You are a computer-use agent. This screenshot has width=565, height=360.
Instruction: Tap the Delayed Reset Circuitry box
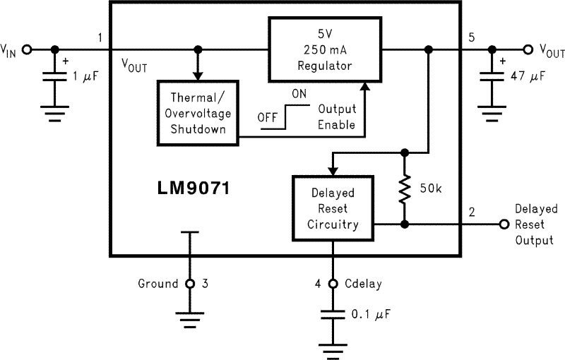pos(333,209)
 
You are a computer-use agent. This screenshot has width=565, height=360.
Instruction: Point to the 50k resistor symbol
pos(404,189)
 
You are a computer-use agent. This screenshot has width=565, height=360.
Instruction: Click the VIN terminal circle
pos(27,49)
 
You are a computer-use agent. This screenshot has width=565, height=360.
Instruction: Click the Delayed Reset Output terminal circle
pos(504,224)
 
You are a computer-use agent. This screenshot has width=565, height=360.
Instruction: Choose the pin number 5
pos(472,37)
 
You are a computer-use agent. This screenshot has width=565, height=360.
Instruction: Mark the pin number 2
pos(472,212)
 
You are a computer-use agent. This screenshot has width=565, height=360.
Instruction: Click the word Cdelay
pos(364,284)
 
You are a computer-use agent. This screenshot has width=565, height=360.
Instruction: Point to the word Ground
pos(157,284)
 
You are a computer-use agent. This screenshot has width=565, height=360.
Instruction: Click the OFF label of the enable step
pos(267,118)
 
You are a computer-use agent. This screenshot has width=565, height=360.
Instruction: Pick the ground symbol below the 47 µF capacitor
pos(492,111)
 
